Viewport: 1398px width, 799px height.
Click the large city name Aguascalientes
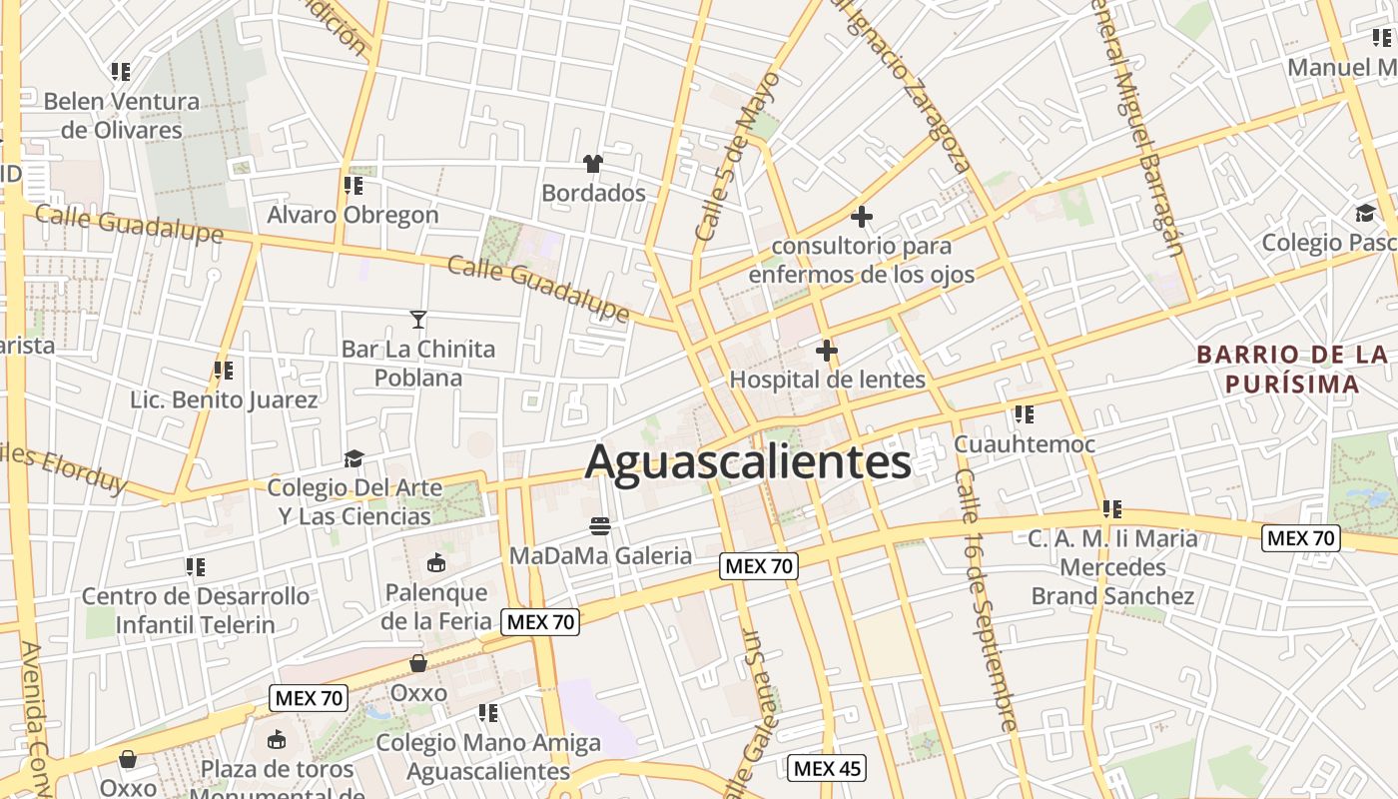(748, 462)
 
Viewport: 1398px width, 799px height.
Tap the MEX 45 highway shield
(827, 769)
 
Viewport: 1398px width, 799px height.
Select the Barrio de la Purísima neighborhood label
(1292, 370)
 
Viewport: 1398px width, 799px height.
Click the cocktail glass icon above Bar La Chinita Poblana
(418, 320)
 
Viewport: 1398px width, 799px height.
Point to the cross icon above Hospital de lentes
(827, 351)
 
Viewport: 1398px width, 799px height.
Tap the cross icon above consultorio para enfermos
(861, 216)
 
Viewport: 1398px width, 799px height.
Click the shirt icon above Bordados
(593, 163)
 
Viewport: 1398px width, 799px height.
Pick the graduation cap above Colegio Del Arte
(353, 458)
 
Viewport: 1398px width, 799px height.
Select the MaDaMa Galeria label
(600, 555)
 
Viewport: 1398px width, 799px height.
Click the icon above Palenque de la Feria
(436, 563)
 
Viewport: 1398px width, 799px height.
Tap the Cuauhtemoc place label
(1025, 443)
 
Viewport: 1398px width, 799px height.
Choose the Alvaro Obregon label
(352, 215)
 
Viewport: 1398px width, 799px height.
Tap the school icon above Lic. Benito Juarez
(224, 371)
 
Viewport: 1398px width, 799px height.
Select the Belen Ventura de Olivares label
(122, 116)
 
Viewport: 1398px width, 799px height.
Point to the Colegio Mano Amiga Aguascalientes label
(488, 757)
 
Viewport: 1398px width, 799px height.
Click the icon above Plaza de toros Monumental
(277, 740)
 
